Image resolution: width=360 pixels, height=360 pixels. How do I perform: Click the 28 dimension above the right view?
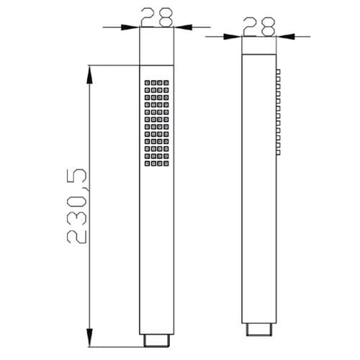coord(258,25)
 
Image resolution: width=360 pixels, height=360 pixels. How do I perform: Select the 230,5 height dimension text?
coord(78,205)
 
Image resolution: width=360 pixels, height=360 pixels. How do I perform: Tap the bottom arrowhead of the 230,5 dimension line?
coord(89,332)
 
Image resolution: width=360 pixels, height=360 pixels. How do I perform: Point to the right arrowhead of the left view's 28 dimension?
coord(180,27)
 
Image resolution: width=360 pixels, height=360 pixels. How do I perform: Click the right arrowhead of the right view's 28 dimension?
coord(282,36)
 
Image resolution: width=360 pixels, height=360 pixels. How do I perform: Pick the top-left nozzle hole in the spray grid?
coord(146,83)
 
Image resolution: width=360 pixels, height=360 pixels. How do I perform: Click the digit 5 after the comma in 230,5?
coord(78,176)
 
